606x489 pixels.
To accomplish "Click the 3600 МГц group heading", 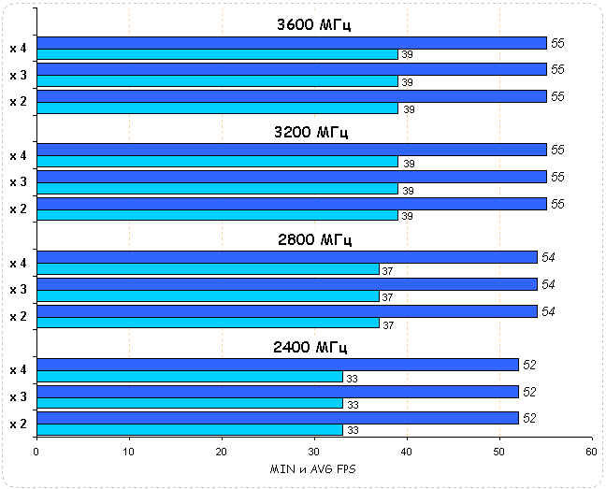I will pos(314,24).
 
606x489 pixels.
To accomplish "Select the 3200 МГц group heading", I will pos(314,132).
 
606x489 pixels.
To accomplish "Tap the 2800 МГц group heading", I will pos(314,239).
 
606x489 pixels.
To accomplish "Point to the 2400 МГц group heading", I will pos(310,347).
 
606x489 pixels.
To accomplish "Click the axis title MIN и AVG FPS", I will pos(312,468).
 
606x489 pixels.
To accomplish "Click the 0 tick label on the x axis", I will pos(36,452).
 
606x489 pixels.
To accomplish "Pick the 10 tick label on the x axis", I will pos(129,452).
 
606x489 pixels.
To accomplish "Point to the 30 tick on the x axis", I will pos(314,452).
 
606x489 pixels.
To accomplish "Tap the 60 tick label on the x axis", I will pos(591,452).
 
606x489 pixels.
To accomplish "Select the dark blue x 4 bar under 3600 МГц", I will pos(291,42).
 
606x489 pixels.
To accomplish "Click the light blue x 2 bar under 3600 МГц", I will pos(217,108).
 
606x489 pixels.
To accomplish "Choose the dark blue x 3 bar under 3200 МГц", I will pos(291,177).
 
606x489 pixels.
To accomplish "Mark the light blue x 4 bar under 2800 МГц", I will pos(208,269).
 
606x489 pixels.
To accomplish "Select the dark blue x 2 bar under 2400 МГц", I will pos(277,418).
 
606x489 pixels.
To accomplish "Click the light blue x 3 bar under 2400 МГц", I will pos(189,404).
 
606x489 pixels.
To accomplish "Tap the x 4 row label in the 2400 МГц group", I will pos(18,370).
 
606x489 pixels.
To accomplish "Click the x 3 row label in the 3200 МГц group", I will pos(18,182).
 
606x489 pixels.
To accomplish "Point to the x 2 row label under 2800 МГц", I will pos(18,316).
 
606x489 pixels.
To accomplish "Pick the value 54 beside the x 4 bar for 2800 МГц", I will pos(549,257).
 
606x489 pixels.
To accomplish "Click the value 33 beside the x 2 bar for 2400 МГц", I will pos(353,431).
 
